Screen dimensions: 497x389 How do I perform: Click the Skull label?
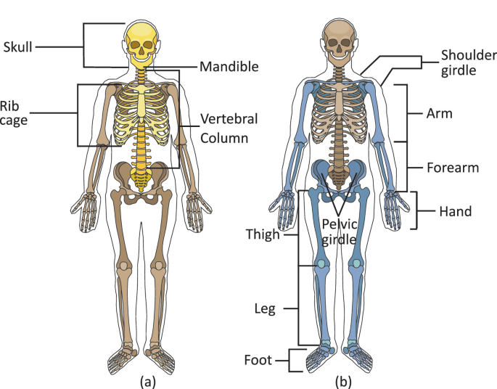[17, 48]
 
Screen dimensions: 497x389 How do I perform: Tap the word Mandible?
[229, 66]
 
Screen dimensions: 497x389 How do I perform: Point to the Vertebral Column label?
[229, 127]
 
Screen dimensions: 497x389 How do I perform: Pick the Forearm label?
[453, 168]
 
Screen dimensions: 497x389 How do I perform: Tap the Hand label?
[455, 212]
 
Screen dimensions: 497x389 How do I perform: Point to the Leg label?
[265, 308]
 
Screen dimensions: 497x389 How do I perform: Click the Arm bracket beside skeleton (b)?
[403, 113]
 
